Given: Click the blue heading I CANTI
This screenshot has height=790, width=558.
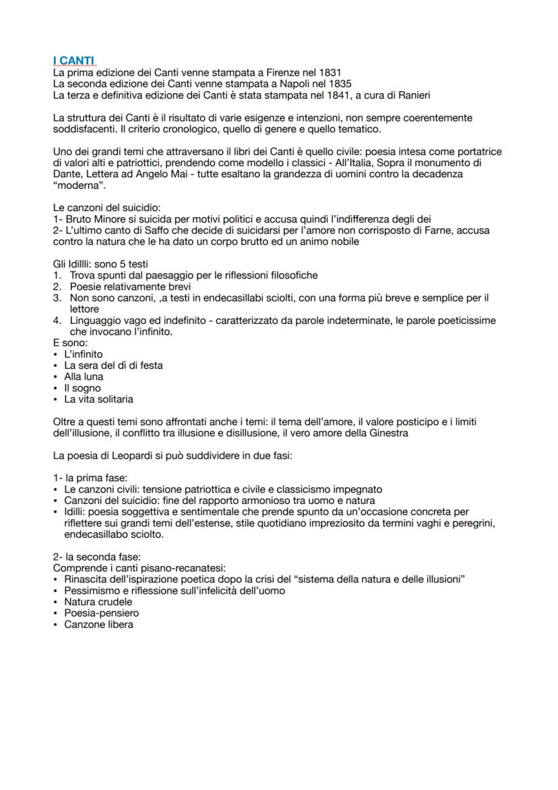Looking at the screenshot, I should click(x=74, y=61).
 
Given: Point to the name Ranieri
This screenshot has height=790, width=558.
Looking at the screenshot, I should click(x=409, y=95).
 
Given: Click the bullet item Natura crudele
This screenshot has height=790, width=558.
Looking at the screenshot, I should click(x=98, y=602).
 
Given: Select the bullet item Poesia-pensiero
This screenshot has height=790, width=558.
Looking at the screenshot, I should click(x=101, y=613).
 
